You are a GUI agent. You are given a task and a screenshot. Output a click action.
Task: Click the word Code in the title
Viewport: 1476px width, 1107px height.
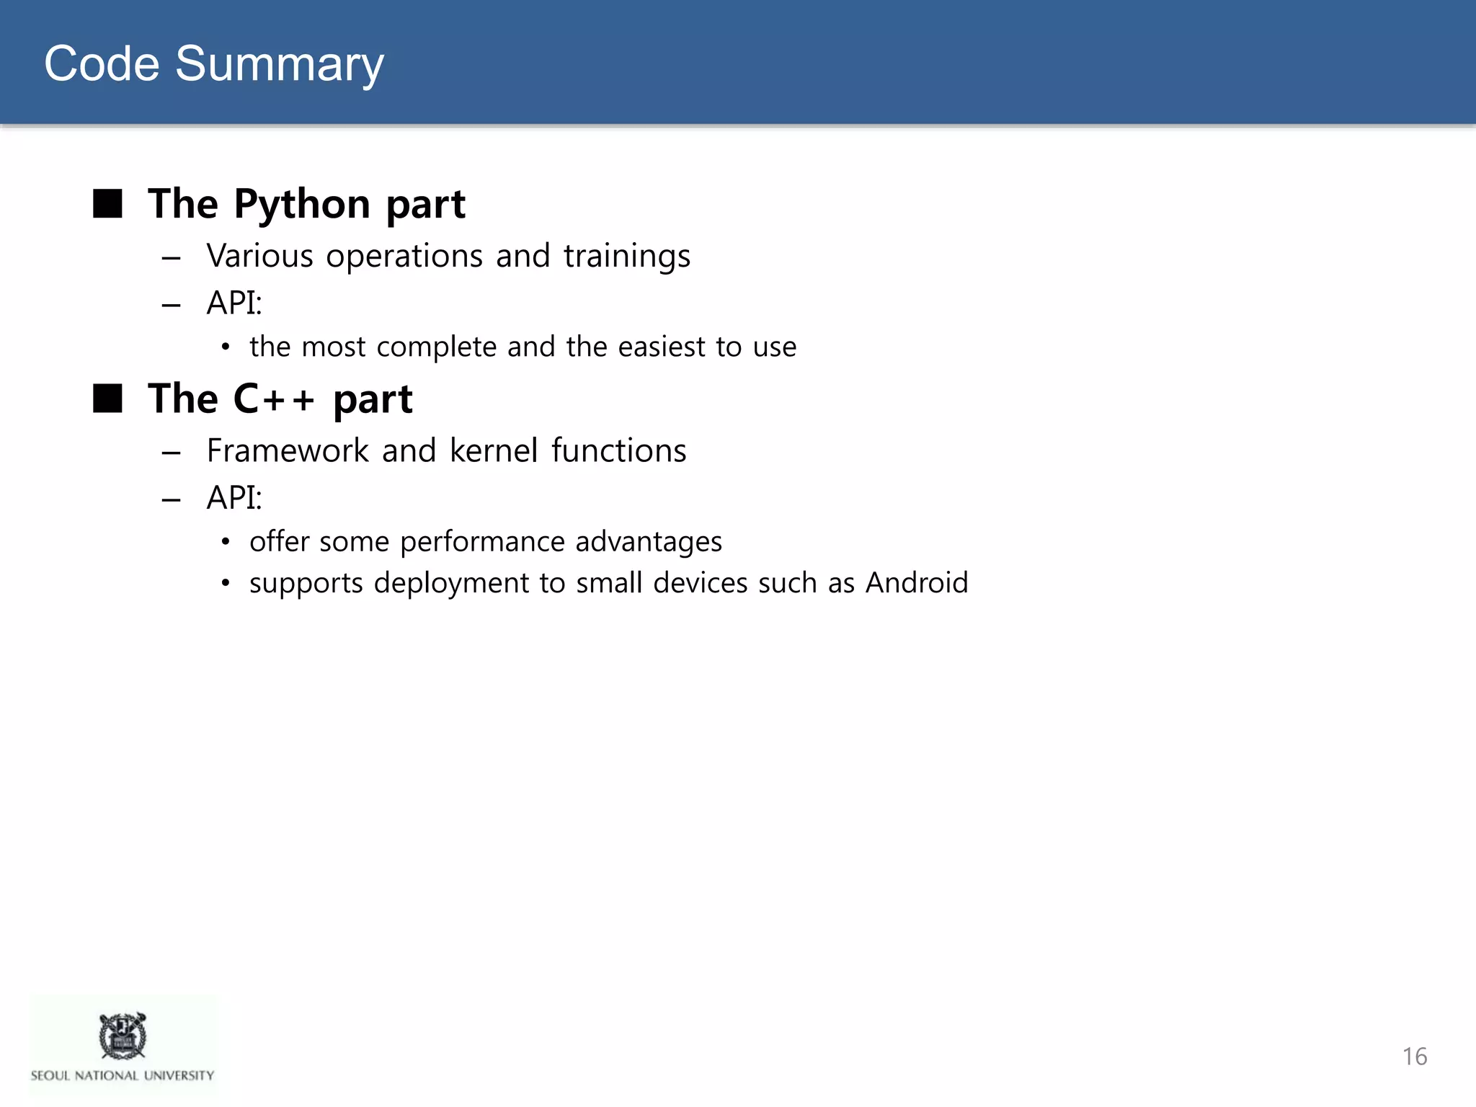(102, 63)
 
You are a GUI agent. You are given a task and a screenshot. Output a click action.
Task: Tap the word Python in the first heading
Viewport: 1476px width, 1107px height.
(302, 204)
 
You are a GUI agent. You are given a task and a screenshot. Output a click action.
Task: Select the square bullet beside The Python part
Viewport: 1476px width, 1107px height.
(108, 204)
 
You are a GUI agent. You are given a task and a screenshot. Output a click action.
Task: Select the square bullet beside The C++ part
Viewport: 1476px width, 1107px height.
(108, 398)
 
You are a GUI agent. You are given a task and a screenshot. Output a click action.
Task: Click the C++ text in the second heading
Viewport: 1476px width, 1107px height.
(275, 399)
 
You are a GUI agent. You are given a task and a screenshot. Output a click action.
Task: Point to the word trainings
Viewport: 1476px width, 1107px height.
(626, 257)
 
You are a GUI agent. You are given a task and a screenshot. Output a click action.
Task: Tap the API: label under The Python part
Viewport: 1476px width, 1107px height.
(234, 303)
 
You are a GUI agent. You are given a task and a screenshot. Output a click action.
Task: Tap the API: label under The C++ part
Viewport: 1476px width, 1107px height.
(234, 498)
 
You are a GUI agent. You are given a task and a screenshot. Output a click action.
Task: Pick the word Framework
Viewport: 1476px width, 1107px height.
(288, 451)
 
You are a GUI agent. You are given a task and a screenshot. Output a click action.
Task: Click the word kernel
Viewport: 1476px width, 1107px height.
(494, 451)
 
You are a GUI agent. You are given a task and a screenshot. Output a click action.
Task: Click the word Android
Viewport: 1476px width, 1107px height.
(916, 583)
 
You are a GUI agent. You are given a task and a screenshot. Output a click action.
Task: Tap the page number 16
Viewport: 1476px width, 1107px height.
(1414, 1057)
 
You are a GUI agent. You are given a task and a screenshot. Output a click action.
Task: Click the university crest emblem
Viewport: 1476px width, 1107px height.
(123, 1036)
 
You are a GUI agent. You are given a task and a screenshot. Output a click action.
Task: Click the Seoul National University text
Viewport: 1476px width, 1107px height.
(123, 1075)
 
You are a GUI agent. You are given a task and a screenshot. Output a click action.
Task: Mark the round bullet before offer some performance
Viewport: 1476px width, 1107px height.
(226, 542)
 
